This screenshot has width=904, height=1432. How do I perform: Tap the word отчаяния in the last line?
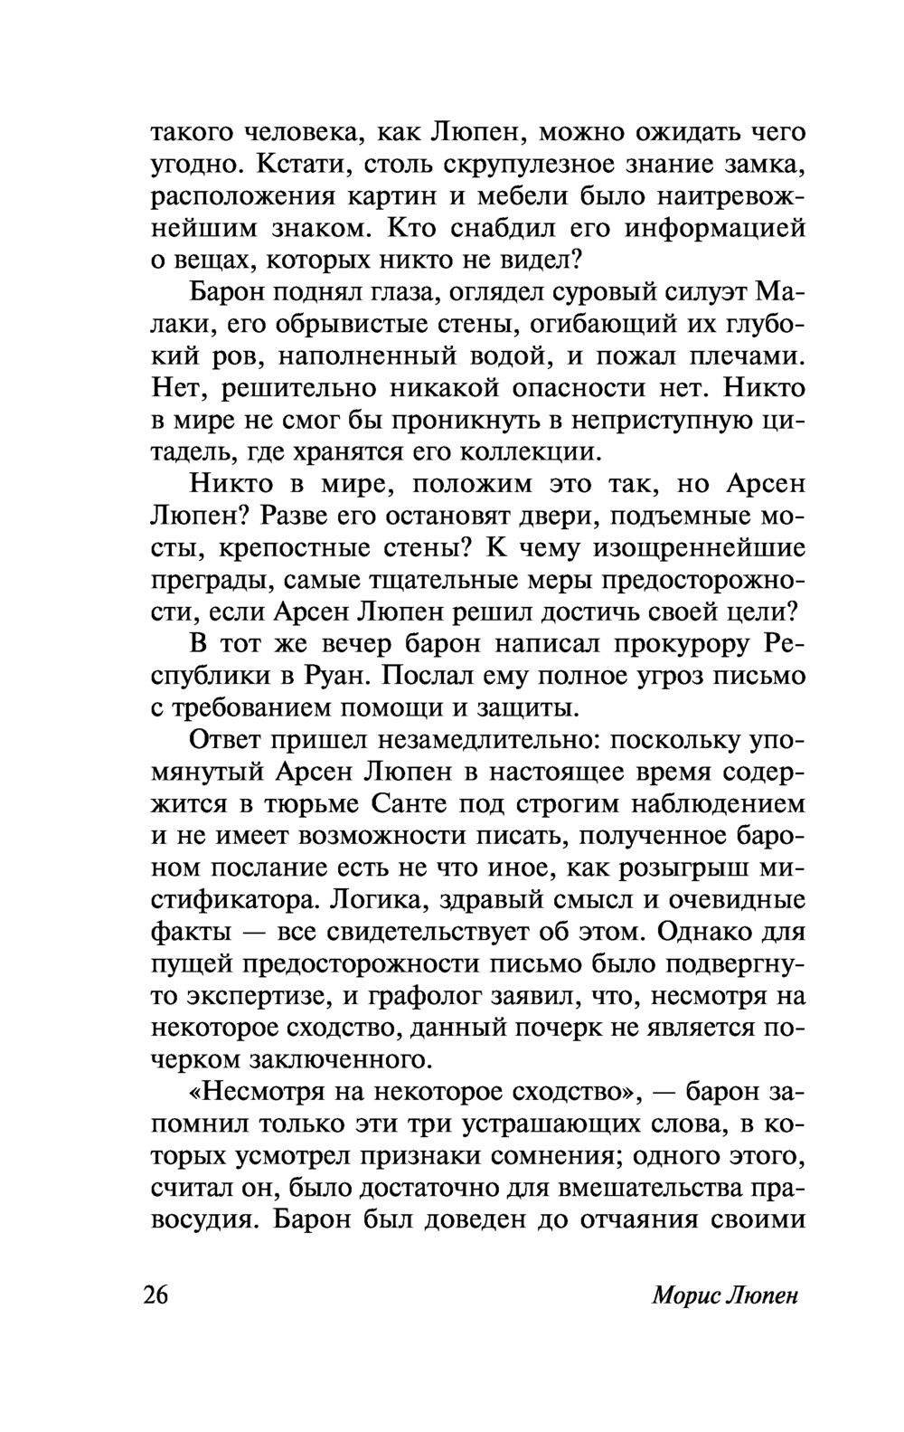(x=638, y=1219)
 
